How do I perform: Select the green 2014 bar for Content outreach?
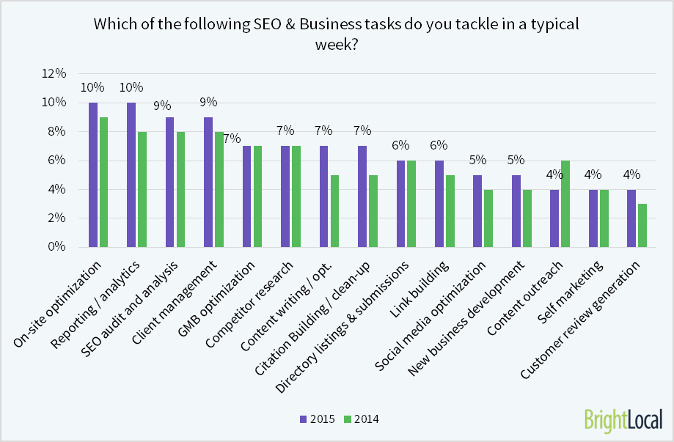(565, 203)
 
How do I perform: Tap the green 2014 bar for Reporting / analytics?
(142, 189)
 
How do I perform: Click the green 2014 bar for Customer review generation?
(641, 225)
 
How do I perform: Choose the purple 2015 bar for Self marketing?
(592, 218)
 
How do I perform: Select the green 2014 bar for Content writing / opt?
(334, 210)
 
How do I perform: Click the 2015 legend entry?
(317, 419)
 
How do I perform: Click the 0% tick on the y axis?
(57, 247)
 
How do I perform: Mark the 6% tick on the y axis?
(57, 161)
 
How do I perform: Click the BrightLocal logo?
(623, 419)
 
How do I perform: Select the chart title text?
(337, 33)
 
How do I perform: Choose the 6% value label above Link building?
(439, 145)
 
